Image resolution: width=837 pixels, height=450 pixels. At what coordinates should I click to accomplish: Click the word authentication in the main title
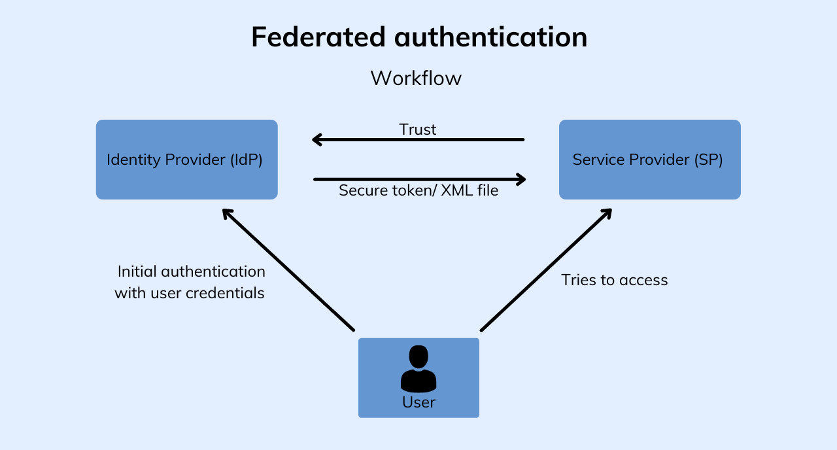tap(490, 37)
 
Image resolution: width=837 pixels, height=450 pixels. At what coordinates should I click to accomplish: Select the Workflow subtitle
tap(416, 78)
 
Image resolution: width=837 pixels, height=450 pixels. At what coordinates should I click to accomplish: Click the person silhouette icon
tap(418, 369)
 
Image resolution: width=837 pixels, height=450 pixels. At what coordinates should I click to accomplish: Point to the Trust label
tap(418, 130)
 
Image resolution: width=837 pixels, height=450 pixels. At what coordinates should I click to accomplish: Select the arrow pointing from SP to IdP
tap(418, 139)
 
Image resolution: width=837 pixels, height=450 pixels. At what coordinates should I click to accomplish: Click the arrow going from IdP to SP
tap(418, 179)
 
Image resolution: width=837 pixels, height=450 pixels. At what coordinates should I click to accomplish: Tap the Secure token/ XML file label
tap(418, 191)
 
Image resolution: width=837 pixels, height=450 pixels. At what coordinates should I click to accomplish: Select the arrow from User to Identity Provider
tap(288, 269)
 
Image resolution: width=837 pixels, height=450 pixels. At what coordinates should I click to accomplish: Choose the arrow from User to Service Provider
tap(546, 269)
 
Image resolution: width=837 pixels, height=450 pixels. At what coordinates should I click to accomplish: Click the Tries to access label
tap(615, 280)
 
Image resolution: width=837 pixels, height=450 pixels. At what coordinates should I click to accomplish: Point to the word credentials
tap(225, 293)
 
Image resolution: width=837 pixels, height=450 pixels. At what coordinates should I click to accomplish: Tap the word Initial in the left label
tap(137, 271)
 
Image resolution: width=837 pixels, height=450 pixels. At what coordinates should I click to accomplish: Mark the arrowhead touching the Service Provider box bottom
tap(606, 213)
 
